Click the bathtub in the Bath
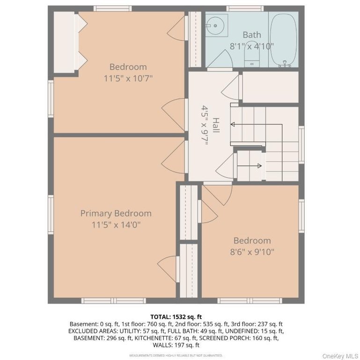tap(284, 39)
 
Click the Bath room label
tap(251, 35)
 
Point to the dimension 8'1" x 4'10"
tap(251, 46)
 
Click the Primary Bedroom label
tap(116, 213)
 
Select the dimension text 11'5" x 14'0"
tap(116, 225)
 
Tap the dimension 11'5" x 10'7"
tap(128, 78)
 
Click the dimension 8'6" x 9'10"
tap(252, 252)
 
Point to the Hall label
tap(215, 125)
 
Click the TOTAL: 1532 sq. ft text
tap(176, 317)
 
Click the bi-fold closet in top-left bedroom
tap(66, 43)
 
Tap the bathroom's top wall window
tap(241, 8)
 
